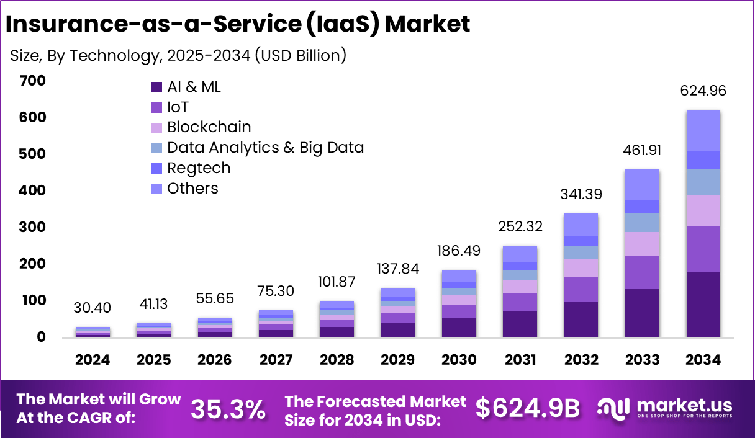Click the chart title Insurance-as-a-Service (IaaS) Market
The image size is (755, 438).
tap(238, 23)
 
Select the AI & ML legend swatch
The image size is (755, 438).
tap(156, 87)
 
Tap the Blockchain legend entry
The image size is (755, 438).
tap(209, 127)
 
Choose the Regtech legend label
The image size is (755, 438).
tap(199, 168)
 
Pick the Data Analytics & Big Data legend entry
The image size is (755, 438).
tap(265, 148)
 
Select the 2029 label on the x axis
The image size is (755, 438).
tap(398, 360)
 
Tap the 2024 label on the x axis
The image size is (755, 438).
tap(93, 360)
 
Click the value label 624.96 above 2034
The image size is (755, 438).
tap(703, 91)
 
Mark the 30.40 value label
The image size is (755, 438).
tap(93, 308)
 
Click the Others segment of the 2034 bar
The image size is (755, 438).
tap(703, 130)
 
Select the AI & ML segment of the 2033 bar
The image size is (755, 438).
tap(641, 313)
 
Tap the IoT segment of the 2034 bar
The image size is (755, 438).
tap(703, 249)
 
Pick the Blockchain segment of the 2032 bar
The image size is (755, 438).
tap(581, 268)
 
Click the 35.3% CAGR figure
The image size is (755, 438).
tap(228, 409)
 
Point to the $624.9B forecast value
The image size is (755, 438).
tap(528, 408)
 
